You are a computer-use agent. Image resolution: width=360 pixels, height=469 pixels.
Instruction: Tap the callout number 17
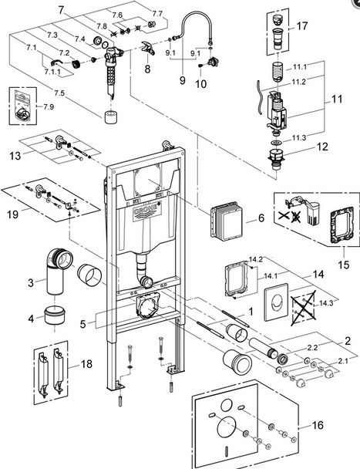coord(301,25)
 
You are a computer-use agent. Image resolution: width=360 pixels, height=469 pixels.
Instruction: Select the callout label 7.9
coord(49,106)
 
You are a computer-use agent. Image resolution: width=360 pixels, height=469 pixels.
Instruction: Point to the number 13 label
coord(15,156)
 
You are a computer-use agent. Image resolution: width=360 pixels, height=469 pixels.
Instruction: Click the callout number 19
coord(12,214)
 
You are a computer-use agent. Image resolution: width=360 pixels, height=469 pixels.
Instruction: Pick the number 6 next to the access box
coord(261,218)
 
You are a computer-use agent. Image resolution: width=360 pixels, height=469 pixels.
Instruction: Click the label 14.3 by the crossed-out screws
coord(326,303)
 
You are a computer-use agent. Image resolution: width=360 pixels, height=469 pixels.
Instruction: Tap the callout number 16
coord(318,425)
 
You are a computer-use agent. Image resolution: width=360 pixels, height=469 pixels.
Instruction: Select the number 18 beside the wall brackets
coord(86,364)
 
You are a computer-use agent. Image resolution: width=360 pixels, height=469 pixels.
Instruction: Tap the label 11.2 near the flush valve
coord(298,82)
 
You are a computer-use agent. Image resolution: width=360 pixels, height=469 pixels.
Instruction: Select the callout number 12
coord(322,147)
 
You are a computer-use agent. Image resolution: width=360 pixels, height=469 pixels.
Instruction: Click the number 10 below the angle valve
coord(200,84)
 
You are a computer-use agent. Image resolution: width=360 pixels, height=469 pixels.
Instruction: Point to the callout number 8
coord(147,69)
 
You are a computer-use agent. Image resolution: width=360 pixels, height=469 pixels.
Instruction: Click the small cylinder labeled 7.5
coord(112,116)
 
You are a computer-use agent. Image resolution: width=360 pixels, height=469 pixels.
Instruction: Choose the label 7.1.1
coord(52,72)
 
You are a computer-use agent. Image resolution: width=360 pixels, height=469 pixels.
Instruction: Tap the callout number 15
coord(344,265)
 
